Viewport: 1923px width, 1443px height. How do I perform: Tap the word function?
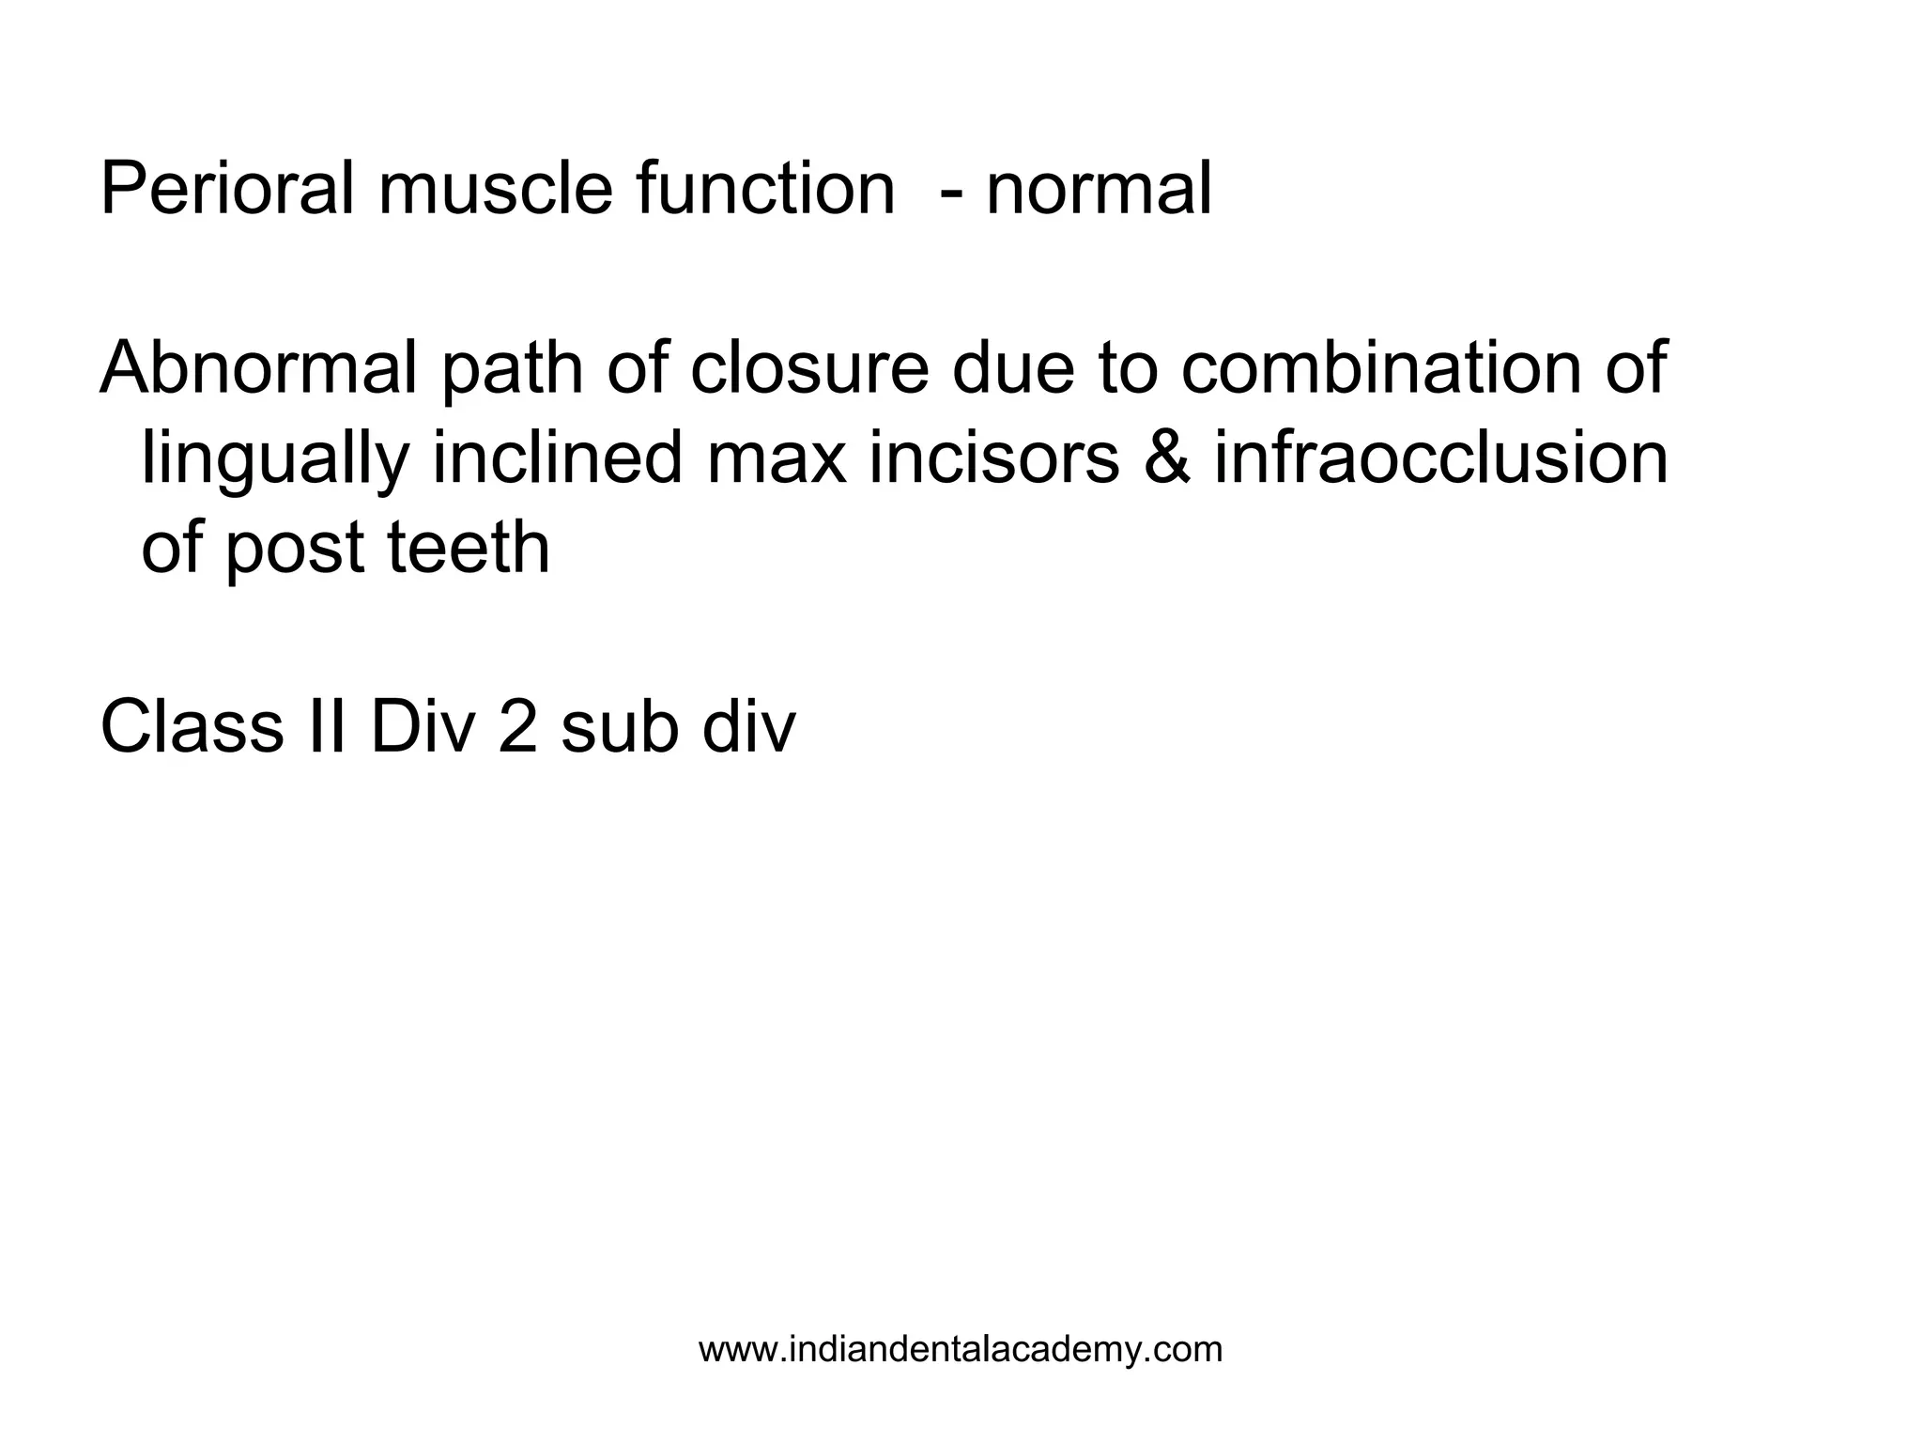pos(765,191)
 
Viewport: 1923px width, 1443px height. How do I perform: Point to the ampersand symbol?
pos(1166,458)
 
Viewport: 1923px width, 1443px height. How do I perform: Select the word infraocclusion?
pos(1441,458)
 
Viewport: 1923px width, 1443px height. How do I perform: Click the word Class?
pos(192,727)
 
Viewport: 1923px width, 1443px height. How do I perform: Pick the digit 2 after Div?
pos(517,727)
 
